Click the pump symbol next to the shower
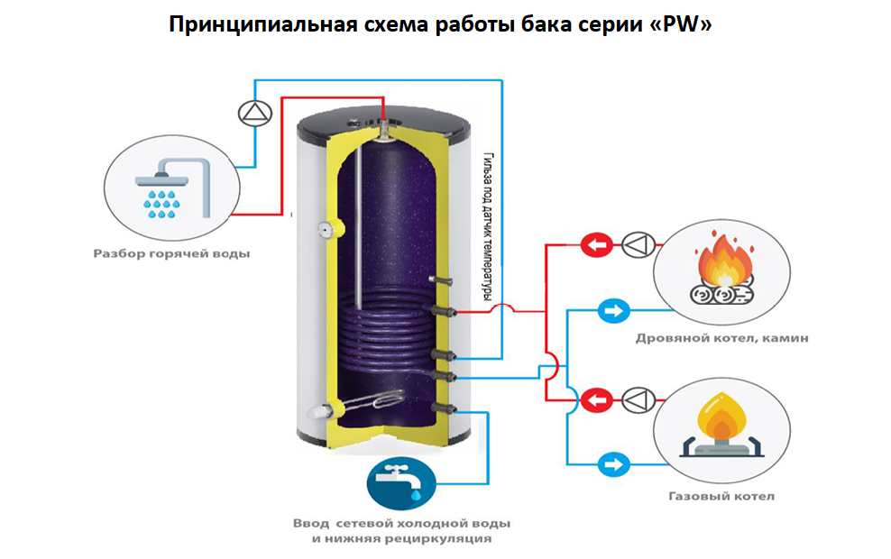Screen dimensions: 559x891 (x=253, y=113)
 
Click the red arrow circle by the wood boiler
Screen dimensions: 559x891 (x=594, y=243)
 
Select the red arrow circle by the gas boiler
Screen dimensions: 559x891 (x=594, y=399)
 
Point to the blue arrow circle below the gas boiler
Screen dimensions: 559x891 (x=613, y=465)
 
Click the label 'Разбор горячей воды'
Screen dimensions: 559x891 (x=172, y=254)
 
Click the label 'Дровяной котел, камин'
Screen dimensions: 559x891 (x=721, y=339)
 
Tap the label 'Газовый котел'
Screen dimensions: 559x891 (x=721, y=496)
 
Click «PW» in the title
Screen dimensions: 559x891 (x=685, y=24)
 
